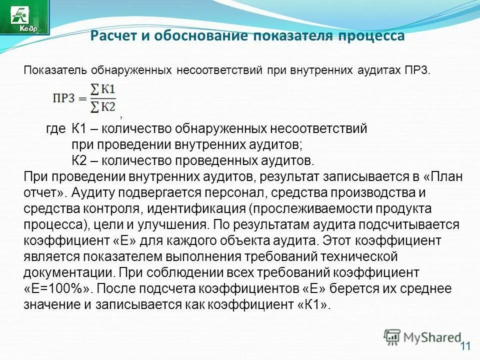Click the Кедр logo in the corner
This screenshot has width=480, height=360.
tap(25, 17)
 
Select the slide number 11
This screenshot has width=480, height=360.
tap(465, 346)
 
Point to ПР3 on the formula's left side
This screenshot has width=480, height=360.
tap(63, 98)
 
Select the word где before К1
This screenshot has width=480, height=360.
tap(56, 129)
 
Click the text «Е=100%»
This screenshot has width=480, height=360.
tap(59, 289)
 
